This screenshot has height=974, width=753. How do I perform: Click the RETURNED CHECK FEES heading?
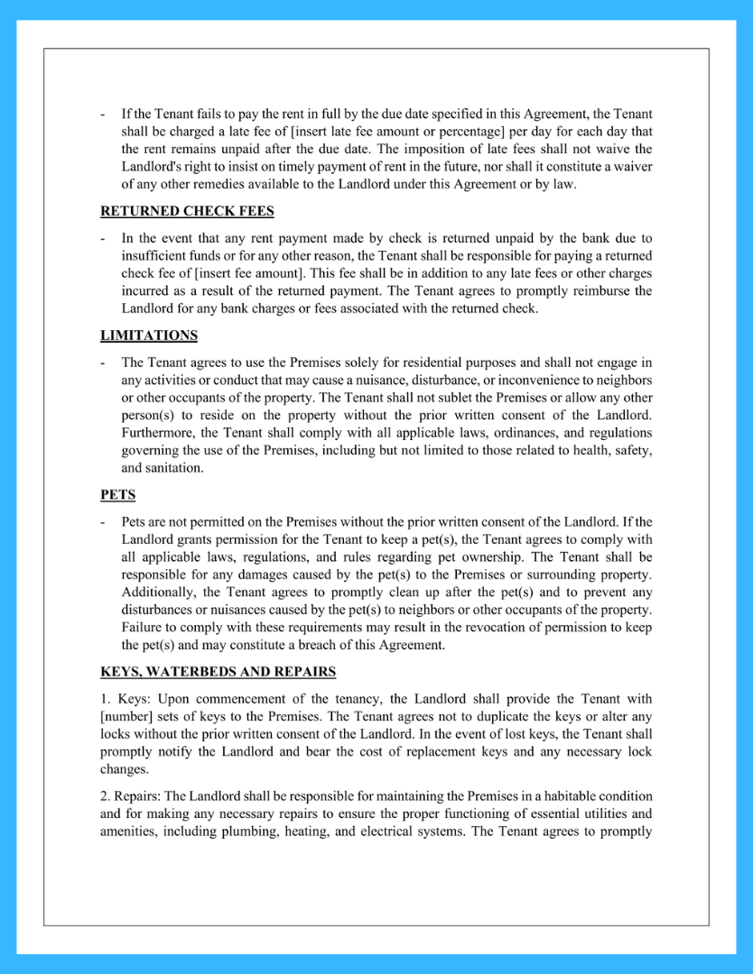(187, 212)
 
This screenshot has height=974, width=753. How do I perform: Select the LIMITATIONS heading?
(148, 335)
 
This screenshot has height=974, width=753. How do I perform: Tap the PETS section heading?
(117, 495)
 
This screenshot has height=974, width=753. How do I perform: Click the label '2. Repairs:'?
(129, 796)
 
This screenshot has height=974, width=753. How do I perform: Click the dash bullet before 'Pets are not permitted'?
(103, 522)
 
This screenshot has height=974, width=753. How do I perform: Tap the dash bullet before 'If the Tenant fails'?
(103, 115)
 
